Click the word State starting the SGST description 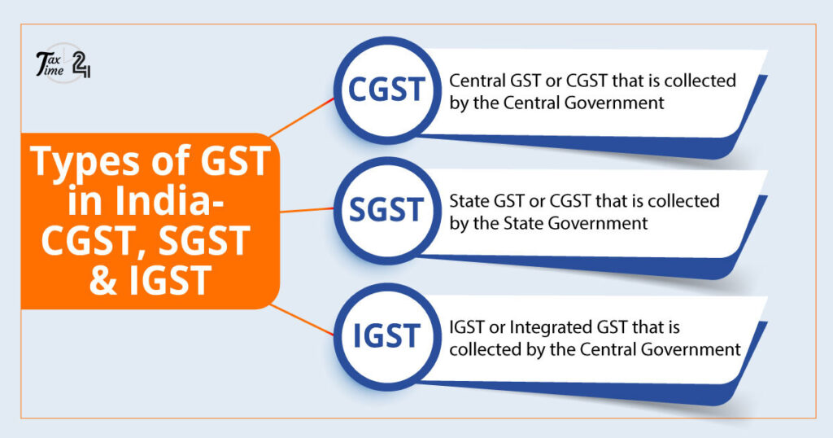(x=468, y=201)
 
